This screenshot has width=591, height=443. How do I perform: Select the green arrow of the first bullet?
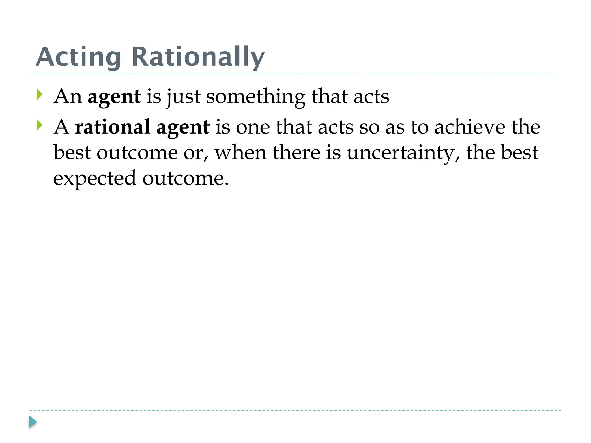(40, 95)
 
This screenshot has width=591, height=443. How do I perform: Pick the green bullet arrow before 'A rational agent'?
(40, 125)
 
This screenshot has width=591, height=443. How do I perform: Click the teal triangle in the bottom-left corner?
(33, 422)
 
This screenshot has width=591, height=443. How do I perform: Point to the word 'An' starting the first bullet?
(68, 96)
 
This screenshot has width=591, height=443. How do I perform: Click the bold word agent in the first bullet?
(114, 97)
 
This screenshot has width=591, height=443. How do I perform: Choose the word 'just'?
(184, 97)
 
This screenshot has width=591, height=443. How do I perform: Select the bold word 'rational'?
(113, 127)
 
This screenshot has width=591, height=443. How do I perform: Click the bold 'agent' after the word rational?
(183, 127)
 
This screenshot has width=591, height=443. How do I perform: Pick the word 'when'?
(241, 153)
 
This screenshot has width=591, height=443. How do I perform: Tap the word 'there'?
(296, 153)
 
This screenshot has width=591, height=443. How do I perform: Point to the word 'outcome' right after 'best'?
(137, 153)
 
